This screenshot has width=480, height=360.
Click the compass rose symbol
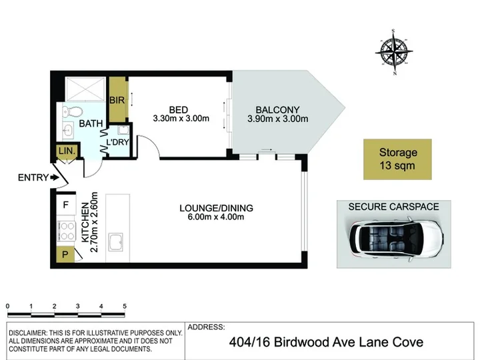394,52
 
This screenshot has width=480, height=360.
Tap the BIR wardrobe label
117,100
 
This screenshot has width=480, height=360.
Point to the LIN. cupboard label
67,151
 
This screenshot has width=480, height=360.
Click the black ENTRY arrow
55,177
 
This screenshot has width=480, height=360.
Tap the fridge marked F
66,205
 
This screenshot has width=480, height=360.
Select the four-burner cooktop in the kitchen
67,231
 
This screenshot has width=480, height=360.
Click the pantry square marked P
65,254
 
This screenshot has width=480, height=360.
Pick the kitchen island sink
116,242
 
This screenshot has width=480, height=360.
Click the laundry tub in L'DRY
124,130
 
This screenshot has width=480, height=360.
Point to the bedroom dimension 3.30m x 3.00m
181,119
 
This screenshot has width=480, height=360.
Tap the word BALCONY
277,109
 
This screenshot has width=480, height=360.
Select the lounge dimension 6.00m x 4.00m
216,217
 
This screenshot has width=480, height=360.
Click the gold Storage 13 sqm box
397,159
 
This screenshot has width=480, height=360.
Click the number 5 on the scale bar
125,306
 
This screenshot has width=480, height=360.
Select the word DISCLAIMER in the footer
27,333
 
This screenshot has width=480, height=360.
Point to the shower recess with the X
85,89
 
